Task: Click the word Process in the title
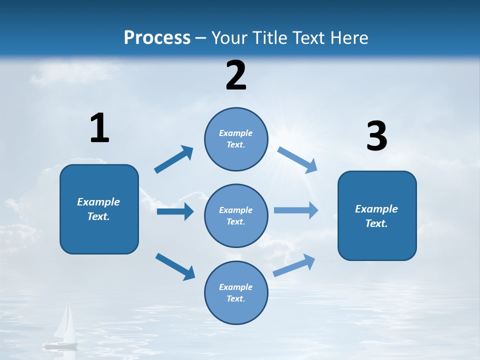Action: click(x=157, y=38)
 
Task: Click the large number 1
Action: click(x=99, y=128)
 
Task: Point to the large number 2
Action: click(x=236, y=75)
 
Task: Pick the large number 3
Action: click(x=376, y=136)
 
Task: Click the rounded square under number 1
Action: click(x=99, y=209)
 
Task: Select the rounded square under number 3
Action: click(x=377, y=216)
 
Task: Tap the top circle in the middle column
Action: click(x=236, y=139)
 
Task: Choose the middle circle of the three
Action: click(x=236, y=216)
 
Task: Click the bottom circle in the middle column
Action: click(x=236, y=293)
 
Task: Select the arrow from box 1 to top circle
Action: click(x=174, y=159)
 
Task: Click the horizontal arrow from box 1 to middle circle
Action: click(x=175, y=212)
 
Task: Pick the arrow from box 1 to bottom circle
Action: click(x=175, y=266)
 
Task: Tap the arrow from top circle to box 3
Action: click(x=297, y=159)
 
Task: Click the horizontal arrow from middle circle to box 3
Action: click(x=296, y=210)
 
